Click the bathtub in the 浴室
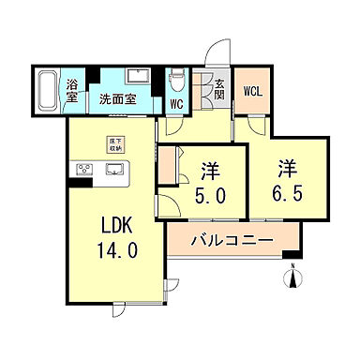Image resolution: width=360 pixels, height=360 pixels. coord(49,93)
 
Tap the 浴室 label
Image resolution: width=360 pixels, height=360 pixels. coord(71,91)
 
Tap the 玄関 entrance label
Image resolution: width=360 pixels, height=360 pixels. coord(218,90)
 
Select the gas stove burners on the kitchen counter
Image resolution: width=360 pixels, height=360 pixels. coord(83,170)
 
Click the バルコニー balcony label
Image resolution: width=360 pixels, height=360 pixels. coord(232,241)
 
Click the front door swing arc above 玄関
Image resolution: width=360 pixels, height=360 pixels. coord(218,52)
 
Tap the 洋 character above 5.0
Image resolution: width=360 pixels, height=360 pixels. coord(210,172)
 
